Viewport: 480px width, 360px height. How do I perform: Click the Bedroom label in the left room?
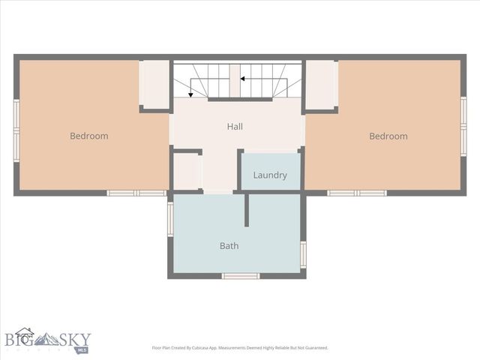tap(88, 136)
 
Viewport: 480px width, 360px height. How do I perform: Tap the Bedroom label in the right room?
tap(388, 136)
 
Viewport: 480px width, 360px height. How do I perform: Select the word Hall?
tap(235, 127)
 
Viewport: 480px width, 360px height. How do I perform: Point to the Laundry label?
tap(270, 175)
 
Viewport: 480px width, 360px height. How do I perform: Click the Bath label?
tap(229, 245)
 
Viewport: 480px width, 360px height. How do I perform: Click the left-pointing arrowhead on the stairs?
tap(243, 78)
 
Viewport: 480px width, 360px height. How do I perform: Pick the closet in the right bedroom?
tap(321, 84)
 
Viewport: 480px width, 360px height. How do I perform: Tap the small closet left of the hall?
tap(186, 172)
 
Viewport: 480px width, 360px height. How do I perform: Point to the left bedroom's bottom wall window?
tap(136, 193)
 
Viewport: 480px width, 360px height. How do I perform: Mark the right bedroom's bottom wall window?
tap(356, 193)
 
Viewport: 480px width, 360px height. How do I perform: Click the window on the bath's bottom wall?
tap(240, 276)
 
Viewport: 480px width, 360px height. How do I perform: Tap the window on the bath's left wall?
tap(170, 219)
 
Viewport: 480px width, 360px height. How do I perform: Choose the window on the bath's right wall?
tap(303, 254)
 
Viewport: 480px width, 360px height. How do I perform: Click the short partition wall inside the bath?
tap(246, 209)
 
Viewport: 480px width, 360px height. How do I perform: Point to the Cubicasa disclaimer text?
tap(239, 348)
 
